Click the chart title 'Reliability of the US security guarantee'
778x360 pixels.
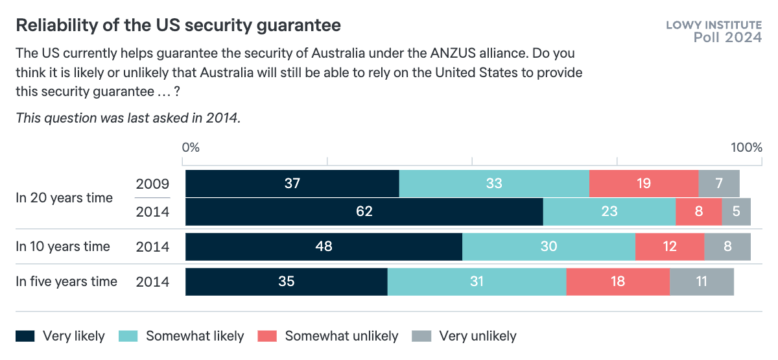point(178,25)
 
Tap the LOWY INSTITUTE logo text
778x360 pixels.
point(714,25)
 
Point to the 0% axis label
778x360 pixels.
point(191,147)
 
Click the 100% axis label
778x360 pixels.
point(746,147)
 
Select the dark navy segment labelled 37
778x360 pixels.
point(292,184)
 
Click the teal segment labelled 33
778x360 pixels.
point(494,184)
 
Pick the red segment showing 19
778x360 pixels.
point(643,184)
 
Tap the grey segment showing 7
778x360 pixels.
point(719,184)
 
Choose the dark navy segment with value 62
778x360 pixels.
point(364,211)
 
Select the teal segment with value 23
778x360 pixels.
point(609,211)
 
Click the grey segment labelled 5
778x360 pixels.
point(736,211)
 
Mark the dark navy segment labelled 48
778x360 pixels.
point(324,246)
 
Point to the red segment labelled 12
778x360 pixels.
point(669,246)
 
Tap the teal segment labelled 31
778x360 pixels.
point(477,282)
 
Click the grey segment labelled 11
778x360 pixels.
point(701,282)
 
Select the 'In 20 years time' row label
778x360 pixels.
point(64,198)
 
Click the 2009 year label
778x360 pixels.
point(152,184)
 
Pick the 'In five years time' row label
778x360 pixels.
point(67,282)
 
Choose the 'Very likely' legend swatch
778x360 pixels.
point(25,336)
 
